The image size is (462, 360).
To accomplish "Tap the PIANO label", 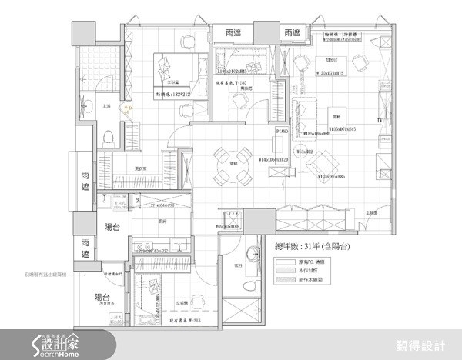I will (281, 132).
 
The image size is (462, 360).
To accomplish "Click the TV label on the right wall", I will (378, 121).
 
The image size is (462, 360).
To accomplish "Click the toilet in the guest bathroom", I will (249, 285).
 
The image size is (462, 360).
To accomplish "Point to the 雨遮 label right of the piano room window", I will (291, 32).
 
